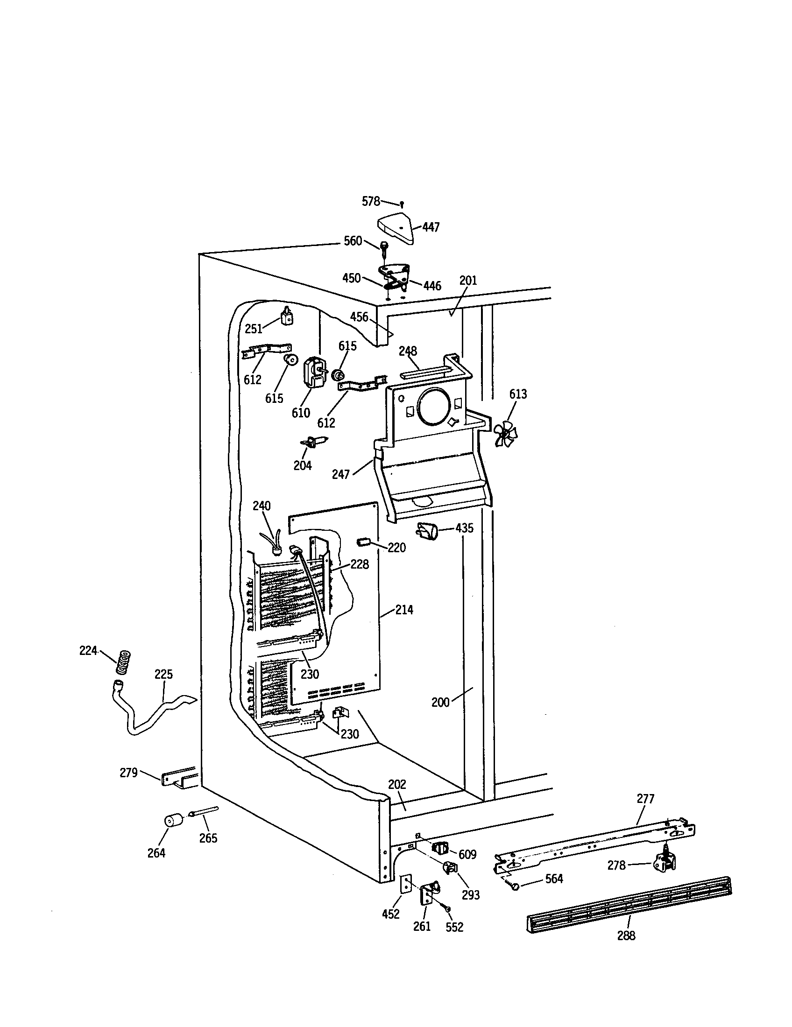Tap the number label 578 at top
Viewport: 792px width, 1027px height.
coord(371,202)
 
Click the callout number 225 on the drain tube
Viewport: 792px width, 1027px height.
coord(163,674)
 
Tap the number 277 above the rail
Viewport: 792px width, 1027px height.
coord(645,798)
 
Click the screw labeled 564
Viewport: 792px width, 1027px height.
coord(516,886)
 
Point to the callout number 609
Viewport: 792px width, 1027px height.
coord(467,854)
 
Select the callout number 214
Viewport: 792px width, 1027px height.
coord(404,610)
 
